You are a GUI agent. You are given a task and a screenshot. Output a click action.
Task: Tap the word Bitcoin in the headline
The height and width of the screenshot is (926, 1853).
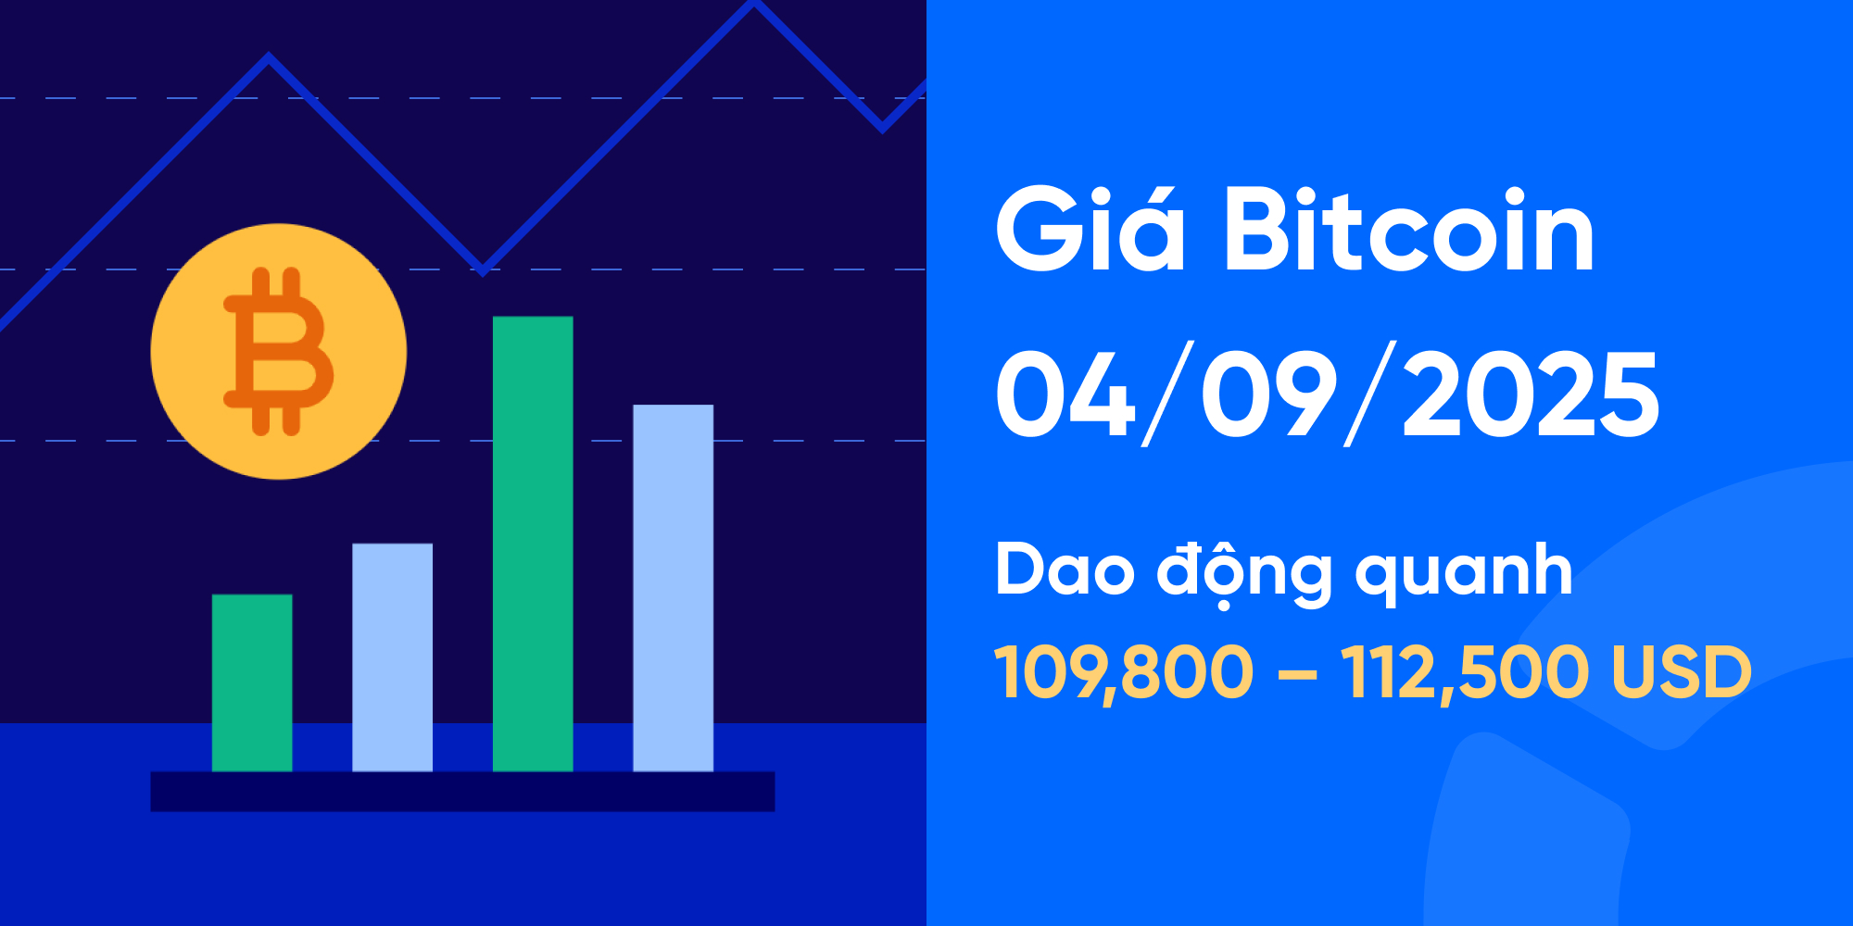click(x=1408, y=231)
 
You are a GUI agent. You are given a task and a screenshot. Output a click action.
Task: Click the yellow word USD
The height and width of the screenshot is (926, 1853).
click(x=1682, y=672)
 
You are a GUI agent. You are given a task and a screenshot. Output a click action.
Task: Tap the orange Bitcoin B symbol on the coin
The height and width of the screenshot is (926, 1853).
click(x=278, y=352)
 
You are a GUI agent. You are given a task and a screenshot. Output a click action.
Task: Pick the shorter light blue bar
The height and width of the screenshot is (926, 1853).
click(x=392, y=657)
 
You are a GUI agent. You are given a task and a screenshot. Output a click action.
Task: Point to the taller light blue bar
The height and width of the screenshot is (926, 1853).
click(x=673, y=587)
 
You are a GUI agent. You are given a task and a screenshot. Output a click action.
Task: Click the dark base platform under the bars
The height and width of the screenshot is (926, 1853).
click(x=462, y=792)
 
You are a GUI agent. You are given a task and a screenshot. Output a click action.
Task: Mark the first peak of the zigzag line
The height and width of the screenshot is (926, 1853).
click(x=269, y=58)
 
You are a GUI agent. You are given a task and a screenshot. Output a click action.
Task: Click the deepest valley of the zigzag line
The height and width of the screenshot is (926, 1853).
click(x=482, y=269)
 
